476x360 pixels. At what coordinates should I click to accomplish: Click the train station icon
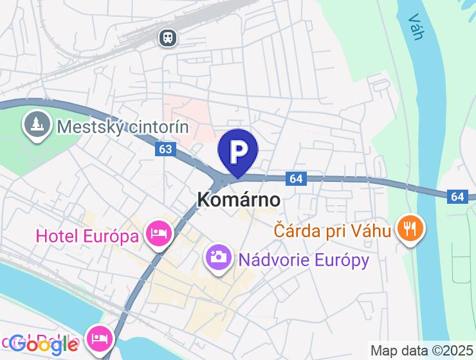point(169,37)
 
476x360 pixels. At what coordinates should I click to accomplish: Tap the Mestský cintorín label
point(122,127)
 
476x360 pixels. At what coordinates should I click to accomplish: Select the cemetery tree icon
point(37,125)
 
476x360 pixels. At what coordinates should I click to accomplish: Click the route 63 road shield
point(165,149)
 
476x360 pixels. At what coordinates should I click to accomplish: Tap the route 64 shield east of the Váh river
point(457,195)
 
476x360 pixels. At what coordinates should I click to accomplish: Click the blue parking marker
point(238,152)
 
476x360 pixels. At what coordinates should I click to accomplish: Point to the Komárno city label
point(238,200)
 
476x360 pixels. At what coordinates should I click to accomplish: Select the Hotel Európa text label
point(87,236)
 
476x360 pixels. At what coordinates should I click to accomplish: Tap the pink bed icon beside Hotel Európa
point(159,233)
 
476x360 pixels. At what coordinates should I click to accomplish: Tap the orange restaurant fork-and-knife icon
point(409,228)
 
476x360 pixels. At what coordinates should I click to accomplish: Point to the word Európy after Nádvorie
point(342,260)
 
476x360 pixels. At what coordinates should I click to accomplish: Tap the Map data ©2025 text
point(421,351)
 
